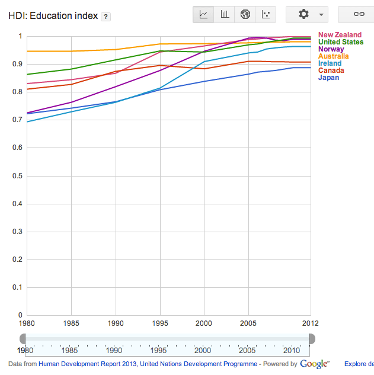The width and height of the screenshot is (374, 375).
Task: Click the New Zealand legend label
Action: point(340,35)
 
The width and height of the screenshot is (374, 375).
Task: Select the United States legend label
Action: point(341,42)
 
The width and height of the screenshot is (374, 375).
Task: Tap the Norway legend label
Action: point(331,49)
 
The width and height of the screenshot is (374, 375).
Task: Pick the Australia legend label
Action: point(333,56)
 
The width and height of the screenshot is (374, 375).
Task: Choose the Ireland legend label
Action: point(330,63)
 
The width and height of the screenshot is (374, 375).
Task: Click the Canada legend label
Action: point(331,70)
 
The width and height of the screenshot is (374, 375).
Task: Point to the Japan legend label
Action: point(328,78)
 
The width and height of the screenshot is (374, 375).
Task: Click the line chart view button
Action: point(204,14)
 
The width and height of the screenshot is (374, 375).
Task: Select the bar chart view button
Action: point(225,14)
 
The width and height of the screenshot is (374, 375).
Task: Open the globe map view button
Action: point(245,14)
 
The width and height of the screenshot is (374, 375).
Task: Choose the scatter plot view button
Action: point(266,14)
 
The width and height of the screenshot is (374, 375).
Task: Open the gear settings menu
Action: point(307,14)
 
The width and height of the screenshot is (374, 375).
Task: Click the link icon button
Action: point(359,14)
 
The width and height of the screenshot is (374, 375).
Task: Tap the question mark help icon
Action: point(105,16)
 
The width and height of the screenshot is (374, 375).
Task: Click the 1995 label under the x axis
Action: point(159,323)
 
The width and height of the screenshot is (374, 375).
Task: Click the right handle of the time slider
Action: point(311,338)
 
